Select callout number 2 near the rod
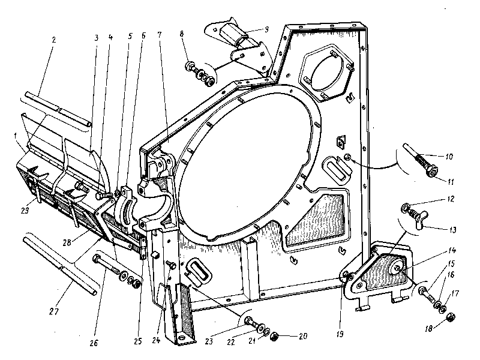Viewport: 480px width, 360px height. (53, 40)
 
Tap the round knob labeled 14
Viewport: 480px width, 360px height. (397, 268)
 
